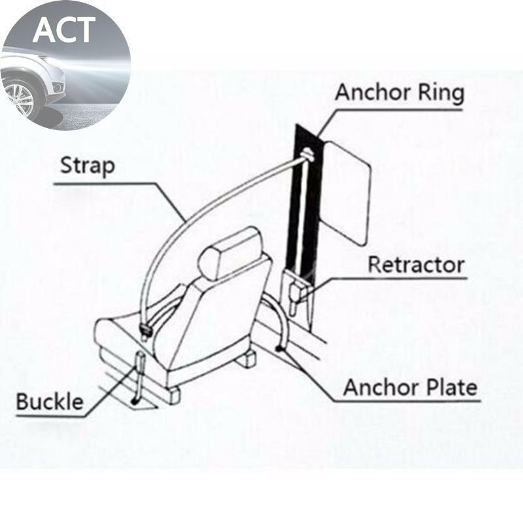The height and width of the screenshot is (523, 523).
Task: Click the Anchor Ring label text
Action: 399,93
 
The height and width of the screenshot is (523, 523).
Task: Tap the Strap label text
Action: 87,167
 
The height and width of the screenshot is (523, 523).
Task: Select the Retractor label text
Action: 416,265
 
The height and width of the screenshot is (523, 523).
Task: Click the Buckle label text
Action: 50,401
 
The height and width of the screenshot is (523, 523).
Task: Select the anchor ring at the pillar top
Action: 308,156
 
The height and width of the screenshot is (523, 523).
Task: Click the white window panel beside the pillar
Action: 347,190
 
